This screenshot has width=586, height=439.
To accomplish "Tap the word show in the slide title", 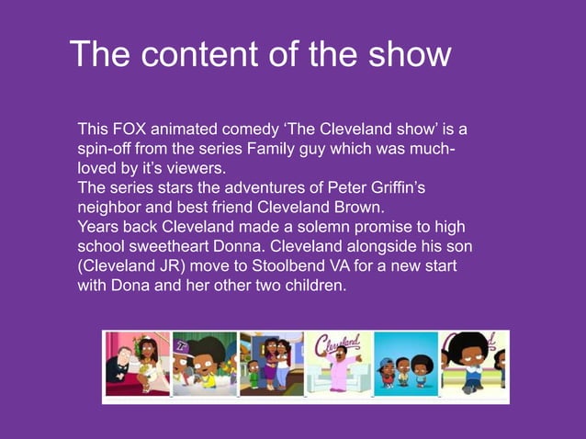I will click(x=409, y=55).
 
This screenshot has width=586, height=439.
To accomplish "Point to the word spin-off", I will click(x=107, y=149).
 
